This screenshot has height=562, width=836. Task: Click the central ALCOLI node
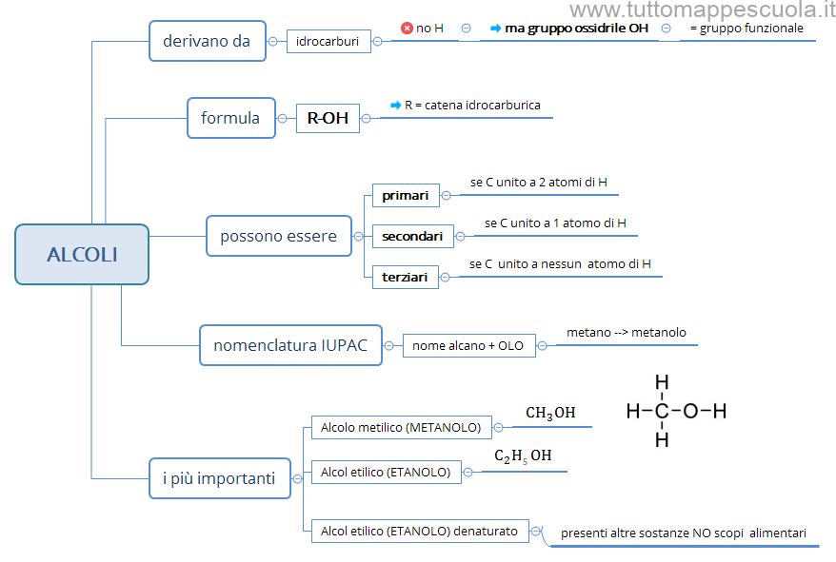click(82, 254)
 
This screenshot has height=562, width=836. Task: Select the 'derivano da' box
click(207, 41)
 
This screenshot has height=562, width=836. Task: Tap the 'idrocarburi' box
click(328, 42)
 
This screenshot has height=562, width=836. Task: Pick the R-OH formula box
click(328, 118)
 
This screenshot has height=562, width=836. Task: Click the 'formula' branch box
click(230, 118)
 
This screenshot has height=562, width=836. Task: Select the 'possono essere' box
click(278, 236)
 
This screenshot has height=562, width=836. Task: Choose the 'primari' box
click(406, 196)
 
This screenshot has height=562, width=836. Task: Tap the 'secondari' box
click(412, 236)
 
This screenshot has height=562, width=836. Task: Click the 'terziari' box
click(405, 277)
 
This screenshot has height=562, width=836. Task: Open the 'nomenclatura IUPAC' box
click(290, 345)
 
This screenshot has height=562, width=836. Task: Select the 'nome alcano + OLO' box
click(468, 346)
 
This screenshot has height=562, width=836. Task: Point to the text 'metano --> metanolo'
click(626, 333)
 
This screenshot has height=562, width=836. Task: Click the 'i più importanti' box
click(219, 478)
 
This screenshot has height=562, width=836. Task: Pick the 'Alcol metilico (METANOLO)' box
click(401, 428)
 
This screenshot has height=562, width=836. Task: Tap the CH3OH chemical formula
click(550, 413)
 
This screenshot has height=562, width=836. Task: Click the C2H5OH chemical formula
click(523, 456)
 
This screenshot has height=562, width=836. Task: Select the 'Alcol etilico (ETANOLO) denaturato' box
click(420, 531)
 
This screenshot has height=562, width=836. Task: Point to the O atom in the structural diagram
click(690, 411)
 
